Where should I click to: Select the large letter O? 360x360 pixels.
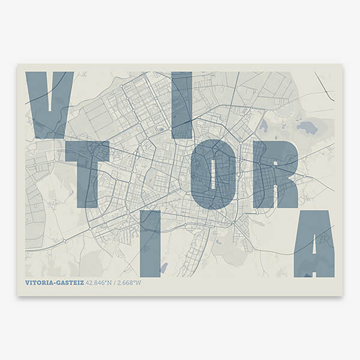pyautogui.click(x=214, y=175)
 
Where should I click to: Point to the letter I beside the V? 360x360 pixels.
pyautogui.click(x=182, y=105)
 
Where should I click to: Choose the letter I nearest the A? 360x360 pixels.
pyautogui.click(x=150, y=244)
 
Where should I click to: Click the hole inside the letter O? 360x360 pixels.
pyautogui.click(x=214, y=175)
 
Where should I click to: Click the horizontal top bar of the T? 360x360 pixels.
pyautogui.click(x=88, y=150)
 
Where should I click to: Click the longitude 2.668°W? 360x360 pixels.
pyautogui.click(x=130, y=283)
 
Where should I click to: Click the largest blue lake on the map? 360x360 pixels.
pyautogui.click(x=307, y=127)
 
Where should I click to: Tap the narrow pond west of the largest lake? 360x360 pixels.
pyautogui.click(x=263, y=125)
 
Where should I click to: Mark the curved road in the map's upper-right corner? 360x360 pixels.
pyautogui.click(x=324, y=86)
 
